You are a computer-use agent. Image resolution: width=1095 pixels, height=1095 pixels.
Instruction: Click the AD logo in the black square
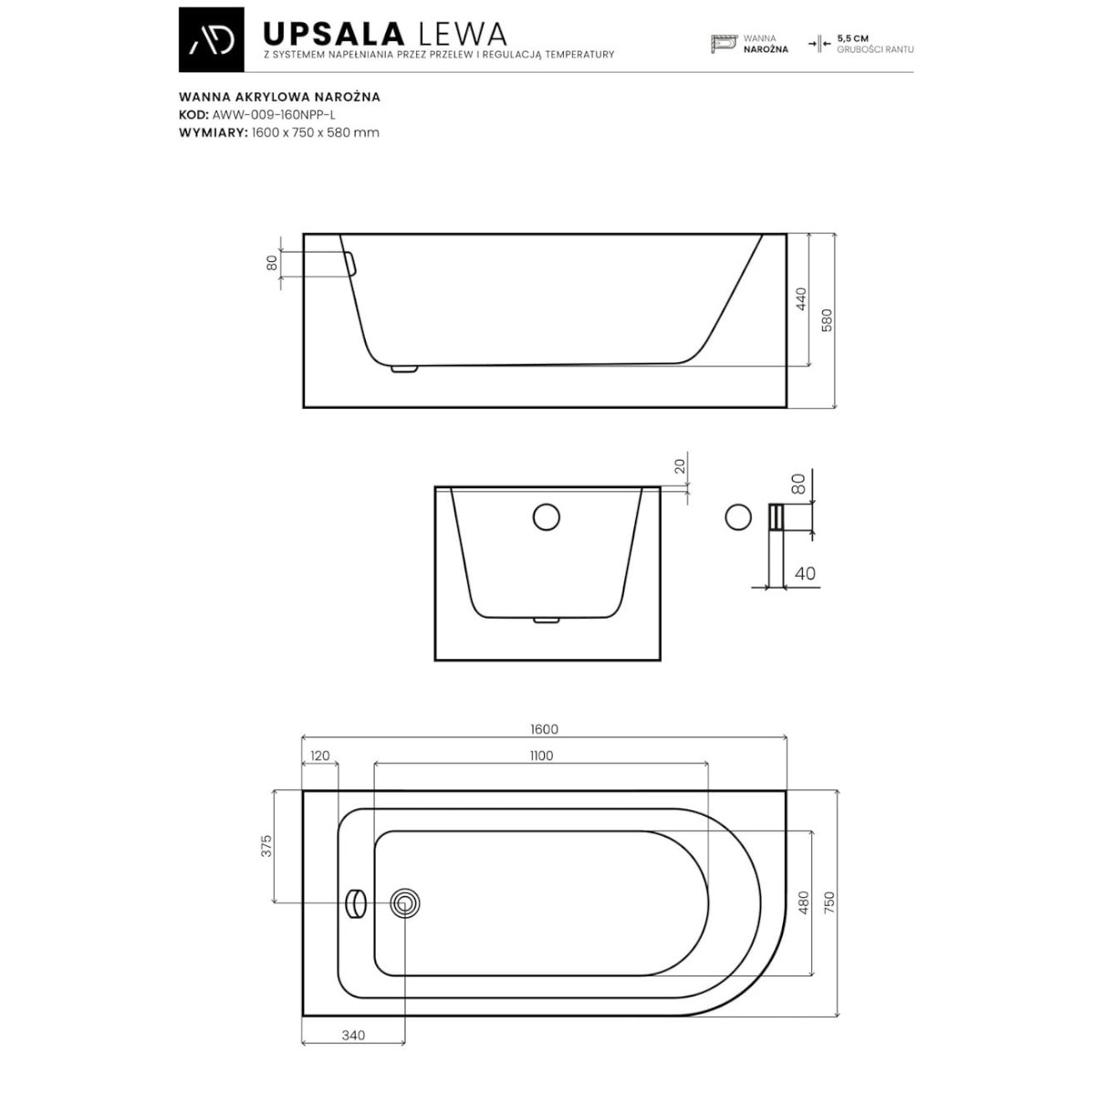212,40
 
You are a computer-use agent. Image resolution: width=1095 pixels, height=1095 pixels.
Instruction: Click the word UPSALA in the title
334,34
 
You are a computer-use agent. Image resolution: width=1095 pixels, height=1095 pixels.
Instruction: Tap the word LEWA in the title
462,34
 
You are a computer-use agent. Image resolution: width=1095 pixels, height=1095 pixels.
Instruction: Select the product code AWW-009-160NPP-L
274,115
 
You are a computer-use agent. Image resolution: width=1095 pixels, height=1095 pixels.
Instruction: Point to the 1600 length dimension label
544,729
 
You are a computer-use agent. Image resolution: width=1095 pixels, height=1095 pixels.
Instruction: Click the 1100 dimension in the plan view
541,756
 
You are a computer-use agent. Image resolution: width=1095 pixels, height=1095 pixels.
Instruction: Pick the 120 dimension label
320,756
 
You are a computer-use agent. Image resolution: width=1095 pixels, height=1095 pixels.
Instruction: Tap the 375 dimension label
266,846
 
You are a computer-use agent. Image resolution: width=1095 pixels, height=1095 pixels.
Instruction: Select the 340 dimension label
353,1051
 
